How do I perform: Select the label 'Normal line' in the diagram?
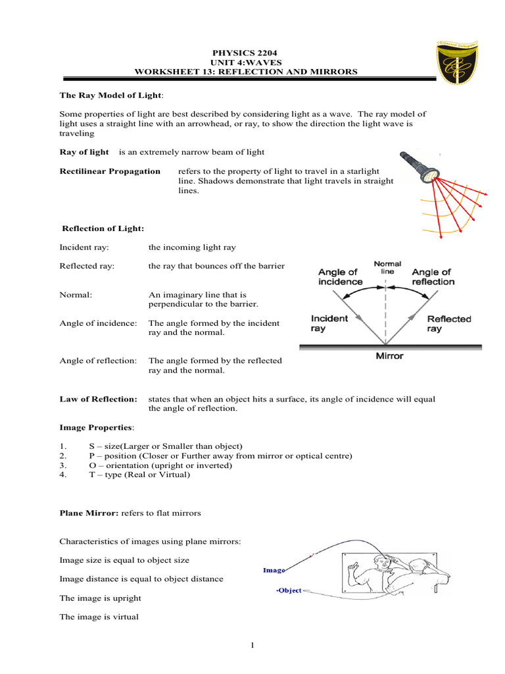coord(387,267)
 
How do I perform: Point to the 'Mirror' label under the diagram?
coord(389,356)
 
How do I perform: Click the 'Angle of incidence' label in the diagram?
coord(340,276)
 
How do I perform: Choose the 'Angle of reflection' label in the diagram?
coord(433,276)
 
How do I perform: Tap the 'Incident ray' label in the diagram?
coord(329,323)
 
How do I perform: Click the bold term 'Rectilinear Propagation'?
coord(110,171)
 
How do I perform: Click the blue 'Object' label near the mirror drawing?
coord(289,590)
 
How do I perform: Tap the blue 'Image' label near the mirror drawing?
coord(274,571)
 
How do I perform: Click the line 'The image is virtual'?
coord(99,617)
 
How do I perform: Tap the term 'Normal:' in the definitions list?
coord(76,295)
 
